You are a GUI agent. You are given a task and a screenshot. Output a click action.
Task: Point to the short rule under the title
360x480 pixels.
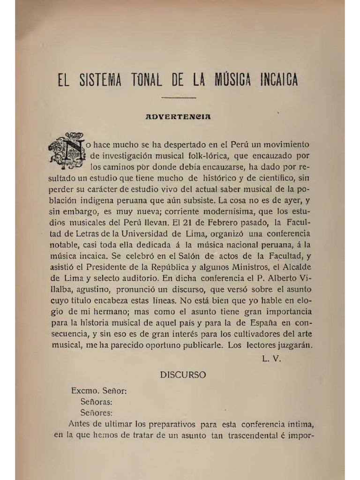178,97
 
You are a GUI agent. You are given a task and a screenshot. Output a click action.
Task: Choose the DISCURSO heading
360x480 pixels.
183,375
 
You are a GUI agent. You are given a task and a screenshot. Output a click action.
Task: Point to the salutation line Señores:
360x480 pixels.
97,413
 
